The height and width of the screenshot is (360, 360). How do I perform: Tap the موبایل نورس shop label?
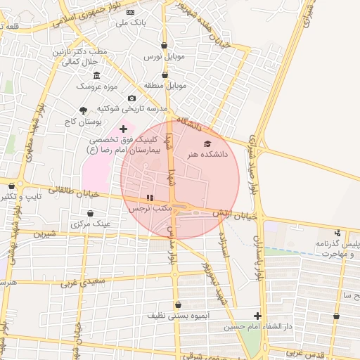[164, 56]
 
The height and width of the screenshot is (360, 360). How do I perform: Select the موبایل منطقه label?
[166, 85]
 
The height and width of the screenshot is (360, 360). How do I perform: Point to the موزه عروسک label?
[96, 86]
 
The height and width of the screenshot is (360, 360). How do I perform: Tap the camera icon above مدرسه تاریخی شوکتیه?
[131, 98]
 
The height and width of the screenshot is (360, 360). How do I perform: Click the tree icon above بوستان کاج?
[84, 110]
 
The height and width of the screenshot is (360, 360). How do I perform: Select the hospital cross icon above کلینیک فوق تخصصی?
[124, 129]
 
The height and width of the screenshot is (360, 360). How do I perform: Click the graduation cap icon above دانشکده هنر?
[207, 143]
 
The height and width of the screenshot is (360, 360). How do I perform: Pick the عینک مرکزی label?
[90, 224]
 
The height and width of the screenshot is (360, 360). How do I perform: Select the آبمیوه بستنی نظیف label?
[178, 316]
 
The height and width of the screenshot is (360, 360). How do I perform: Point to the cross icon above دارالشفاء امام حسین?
[257, 316]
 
